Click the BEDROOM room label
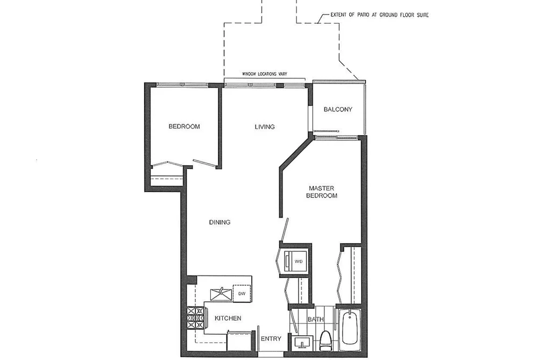[184, 126]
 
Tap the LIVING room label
[265, 127]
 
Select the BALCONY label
[338, 109]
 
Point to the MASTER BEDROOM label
[322, 192]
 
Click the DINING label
[220, 222]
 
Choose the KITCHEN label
[228, 319]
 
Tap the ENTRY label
[271, 339]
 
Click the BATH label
[316, 319]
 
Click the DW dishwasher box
[242, 294]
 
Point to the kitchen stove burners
[195, 318]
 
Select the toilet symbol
[325, 341]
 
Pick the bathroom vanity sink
[303, 343]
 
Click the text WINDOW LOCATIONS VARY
[265, 74]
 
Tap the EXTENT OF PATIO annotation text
[379, 15]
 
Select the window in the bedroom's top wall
[182, 84]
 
